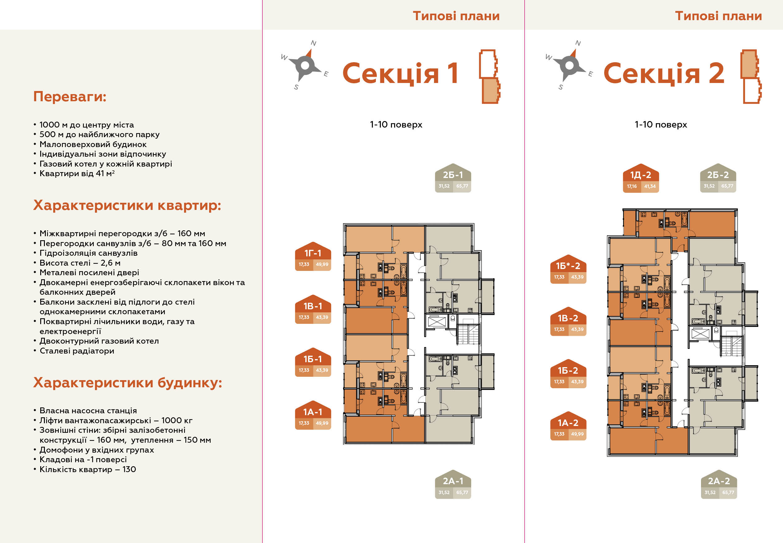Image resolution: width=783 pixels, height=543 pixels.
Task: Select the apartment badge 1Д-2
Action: click(x=641, y=178)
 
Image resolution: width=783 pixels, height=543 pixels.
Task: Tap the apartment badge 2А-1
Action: click(x=453, y=484)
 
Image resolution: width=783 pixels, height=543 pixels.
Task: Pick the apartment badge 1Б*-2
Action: click(x=568, y=269)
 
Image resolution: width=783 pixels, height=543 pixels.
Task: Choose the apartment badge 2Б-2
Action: click(x=718, y=178)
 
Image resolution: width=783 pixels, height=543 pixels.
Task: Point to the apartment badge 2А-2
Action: click(x=719, y=484)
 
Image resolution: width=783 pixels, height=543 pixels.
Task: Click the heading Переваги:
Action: click(x=70, y=97)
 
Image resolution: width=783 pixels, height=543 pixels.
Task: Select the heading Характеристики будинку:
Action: click(x=127, y=383)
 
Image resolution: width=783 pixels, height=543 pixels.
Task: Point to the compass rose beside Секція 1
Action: click(x=305, y=65)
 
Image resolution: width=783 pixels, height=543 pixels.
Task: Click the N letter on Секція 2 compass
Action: click(x=578, y=43)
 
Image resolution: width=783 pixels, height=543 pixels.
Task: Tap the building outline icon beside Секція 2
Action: click(x=751, y=76)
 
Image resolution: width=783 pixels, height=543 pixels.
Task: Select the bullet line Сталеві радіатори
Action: click(x=77, y=351)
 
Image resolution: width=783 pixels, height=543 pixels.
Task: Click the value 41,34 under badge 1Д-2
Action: click(x=650, y=186)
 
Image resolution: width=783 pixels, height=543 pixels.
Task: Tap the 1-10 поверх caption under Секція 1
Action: click(x=396, y=124)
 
